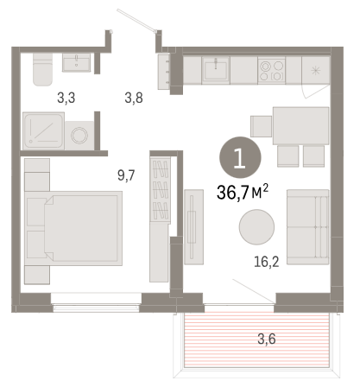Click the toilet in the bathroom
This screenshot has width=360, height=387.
43,70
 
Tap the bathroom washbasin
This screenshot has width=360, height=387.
77,62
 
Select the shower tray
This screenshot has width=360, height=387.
44,131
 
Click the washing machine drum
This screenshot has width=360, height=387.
79,136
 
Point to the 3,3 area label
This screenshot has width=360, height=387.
66,98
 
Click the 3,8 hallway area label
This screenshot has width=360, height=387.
134,98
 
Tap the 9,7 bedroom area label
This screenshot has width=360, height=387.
126,175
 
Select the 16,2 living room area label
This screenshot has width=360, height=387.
267,262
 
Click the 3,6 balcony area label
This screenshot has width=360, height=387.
267,339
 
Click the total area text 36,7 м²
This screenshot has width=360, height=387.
243,193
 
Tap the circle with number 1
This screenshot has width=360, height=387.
240,157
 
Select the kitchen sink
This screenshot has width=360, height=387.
216,70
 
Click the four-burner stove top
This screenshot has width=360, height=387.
272,70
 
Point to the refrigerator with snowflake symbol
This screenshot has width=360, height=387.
316,70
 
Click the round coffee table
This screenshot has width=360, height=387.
256,227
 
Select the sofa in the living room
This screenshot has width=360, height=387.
308,227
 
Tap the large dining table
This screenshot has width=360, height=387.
301,125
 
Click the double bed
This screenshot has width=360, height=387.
73,228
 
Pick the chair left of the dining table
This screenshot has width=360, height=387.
262,126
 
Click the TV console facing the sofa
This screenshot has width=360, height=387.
193,227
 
